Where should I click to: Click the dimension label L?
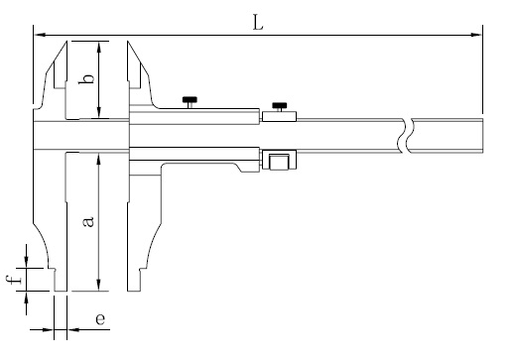tap(258, 23)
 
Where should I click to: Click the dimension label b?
tap(86, 79)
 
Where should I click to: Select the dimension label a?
tap(88, 222)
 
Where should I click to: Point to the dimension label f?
tap(14, 280)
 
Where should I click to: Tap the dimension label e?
tap(100, 319)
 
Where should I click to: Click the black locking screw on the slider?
tap(190, 100)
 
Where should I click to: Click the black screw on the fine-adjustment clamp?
tap(280, 106)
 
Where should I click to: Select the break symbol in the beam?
tap(405, 136)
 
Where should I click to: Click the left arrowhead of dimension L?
tap(39, 35)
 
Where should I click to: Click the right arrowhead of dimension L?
tap(476, 35)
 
